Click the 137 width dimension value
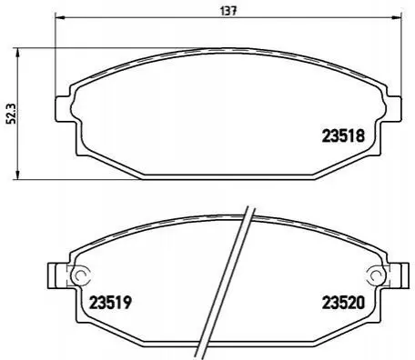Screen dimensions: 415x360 pos(228,11)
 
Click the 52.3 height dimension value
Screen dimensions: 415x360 pos(13,114)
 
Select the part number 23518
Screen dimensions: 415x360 pos(343,135)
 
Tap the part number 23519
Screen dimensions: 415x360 pos(110,302)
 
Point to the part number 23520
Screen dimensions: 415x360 pos(343,302)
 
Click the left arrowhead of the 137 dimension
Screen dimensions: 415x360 pos(60,17)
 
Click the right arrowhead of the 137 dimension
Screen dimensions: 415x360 pos(397,17)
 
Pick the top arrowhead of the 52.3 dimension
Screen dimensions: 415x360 pos(18,53)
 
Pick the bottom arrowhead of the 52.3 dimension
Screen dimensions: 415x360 pos(18,175)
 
